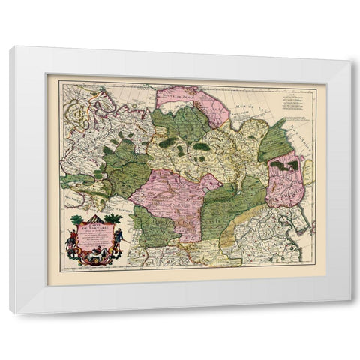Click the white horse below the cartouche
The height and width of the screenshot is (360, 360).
pos(94,256)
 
